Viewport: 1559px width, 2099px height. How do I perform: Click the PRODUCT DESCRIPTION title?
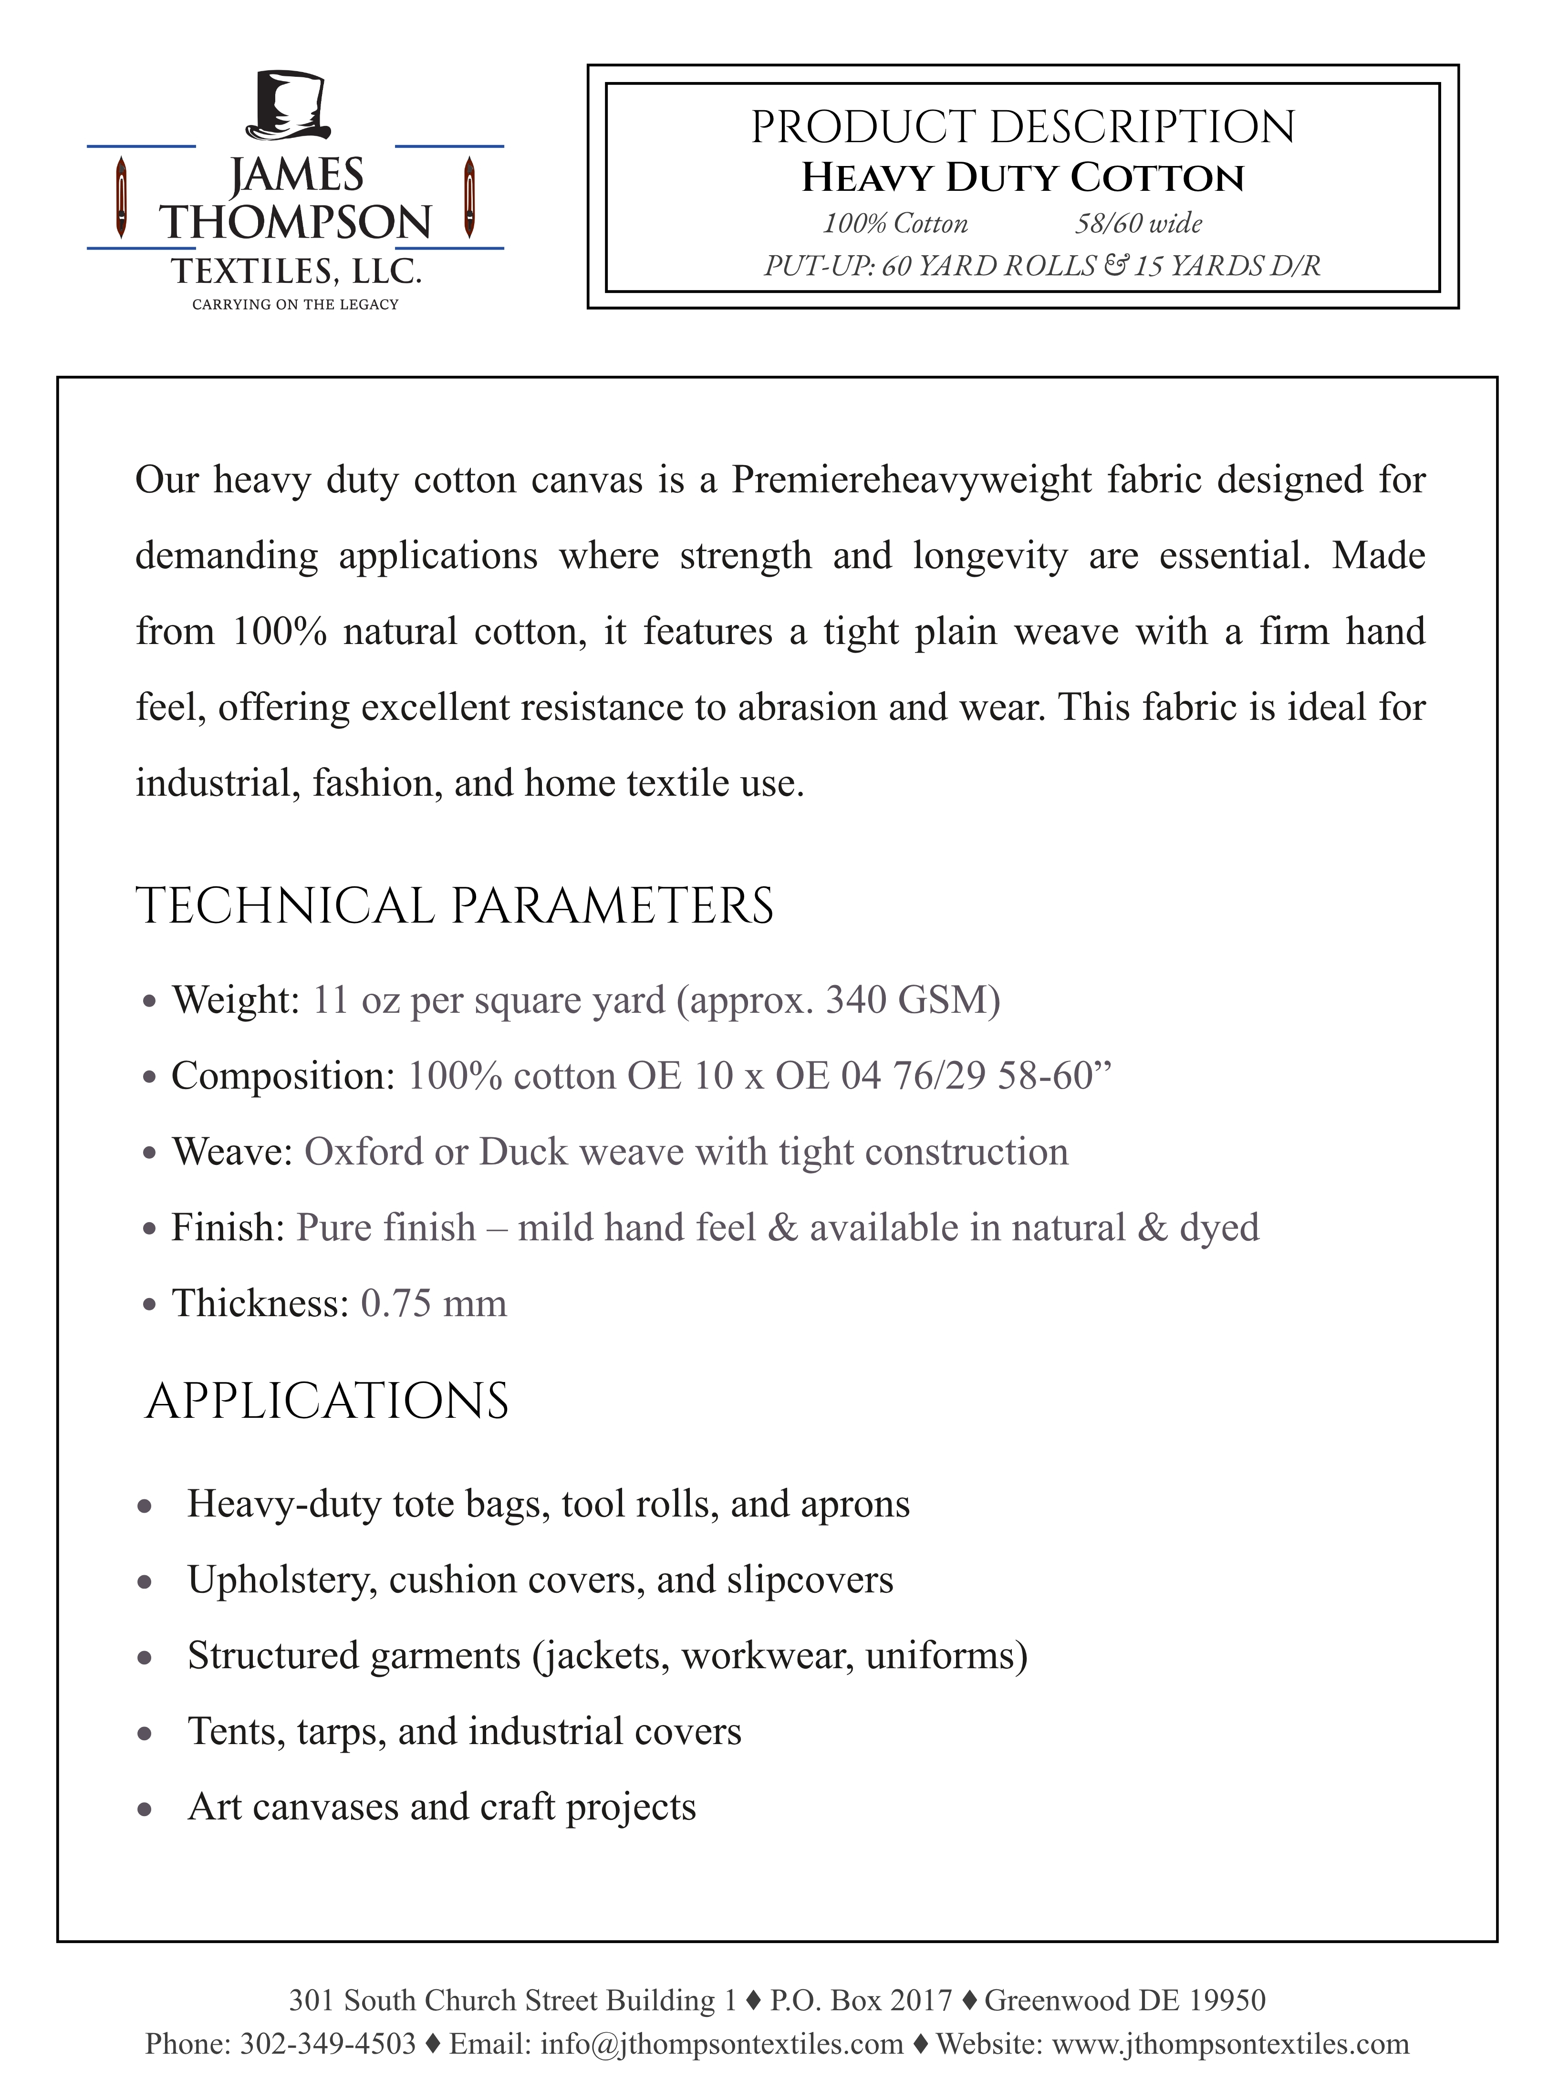1023,127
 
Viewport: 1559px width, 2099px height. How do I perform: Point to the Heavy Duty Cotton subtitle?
1023,177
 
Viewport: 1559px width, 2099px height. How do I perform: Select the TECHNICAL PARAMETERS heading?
454,906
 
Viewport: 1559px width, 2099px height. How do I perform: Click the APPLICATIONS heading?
326,1401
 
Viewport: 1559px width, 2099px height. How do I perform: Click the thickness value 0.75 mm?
433,1303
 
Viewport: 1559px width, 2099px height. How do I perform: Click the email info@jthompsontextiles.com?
722,2044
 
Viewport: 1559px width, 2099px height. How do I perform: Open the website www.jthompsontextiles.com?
1230,2044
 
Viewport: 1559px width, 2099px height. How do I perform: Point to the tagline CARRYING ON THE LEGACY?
295,304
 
